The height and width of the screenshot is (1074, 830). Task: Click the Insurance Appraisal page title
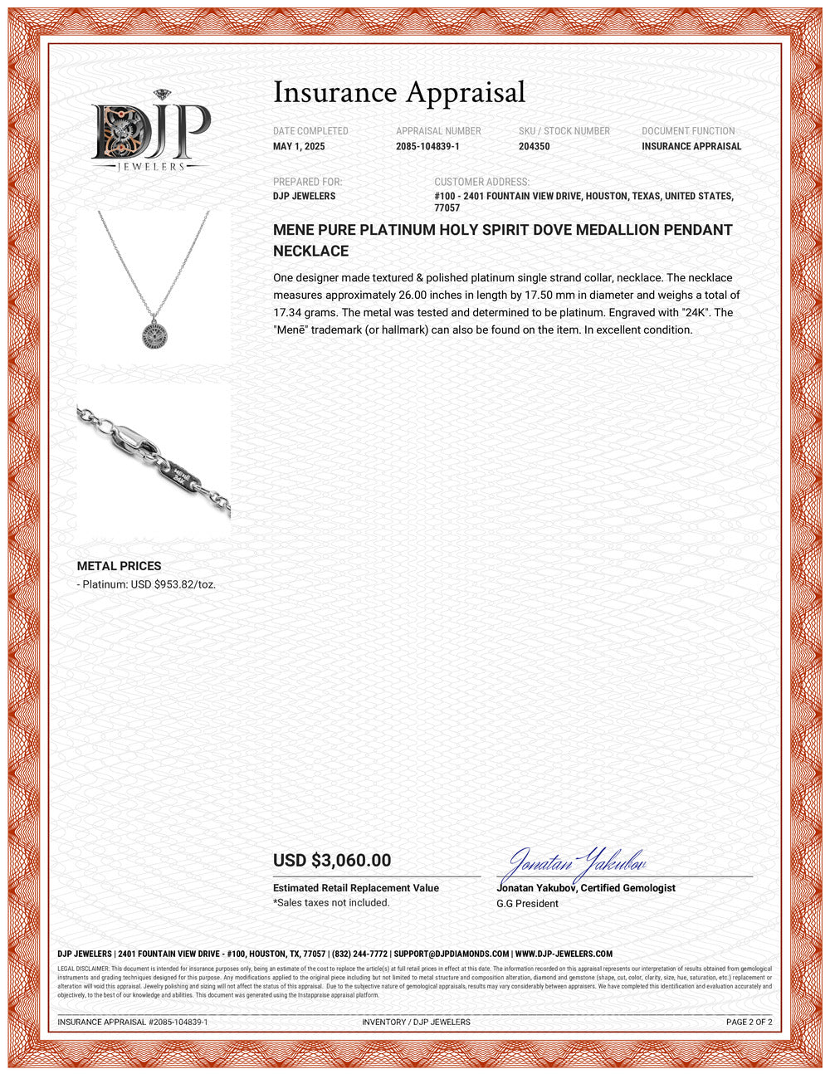click(399, 92)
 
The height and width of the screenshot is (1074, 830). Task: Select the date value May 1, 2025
click(299, 147)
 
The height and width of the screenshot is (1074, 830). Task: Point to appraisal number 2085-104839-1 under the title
click(427, 147)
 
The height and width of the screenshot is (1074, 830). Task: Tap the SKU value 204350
click(534, 147)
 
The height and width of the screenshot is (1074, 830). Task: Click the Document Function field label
click(688, 131)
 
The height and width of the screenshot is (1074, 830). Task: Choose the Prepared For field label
click(307, 182)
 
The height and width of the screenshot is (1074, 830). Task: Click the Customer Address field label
click(481, 182)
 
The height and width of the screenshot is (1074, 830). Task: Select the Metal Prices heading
click(119, 566)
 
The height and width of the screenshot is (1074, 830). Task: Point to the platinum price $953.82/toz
click(184, 584)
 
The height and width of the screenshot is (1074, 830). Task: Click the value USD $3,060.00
click(332, 861)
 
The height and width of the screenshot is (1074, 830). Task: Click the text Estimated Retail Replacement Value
click(356, 888)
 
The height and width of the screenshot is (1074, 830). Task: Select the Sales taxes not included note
click(331, 903)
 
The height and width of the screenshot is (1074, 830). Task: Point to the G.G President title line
click(527, 904)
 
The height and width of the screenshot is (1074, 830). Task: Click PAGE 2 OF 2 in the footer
click(749, 1023)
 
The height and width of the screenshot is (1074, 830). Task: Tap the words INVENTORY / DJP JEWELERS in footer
click(416, 1023)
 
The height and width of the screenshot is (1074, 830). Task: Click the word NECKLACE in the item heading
click(310, 251)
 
